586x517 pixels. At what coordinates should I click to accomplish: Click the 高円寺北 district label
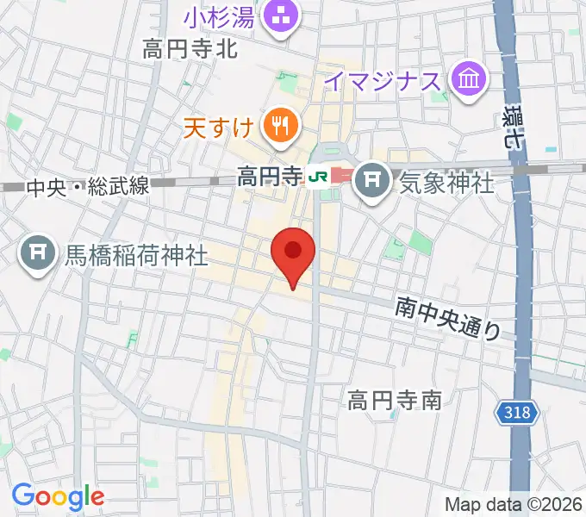pos(190,50)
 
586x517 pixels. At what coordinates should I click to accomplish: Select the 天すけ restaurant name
pos(218,129)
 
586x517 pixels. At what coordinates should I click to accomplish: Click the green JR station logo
pos(318,178)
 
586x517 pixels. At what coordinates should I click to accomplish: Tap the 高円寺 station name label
pos(271,178)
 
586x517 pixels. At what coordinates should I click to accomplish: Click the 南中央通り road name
pos(448,317)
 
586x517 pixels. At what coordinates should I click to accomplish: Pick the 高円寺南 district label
pos(395,400)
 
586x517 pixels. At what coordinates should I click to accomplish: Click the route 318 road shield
pos(518,414)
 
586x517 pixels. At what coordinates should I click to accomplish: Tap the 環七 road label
pos(515,129)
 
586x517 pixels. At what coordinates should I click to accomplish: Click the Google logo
pos(58,495)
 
